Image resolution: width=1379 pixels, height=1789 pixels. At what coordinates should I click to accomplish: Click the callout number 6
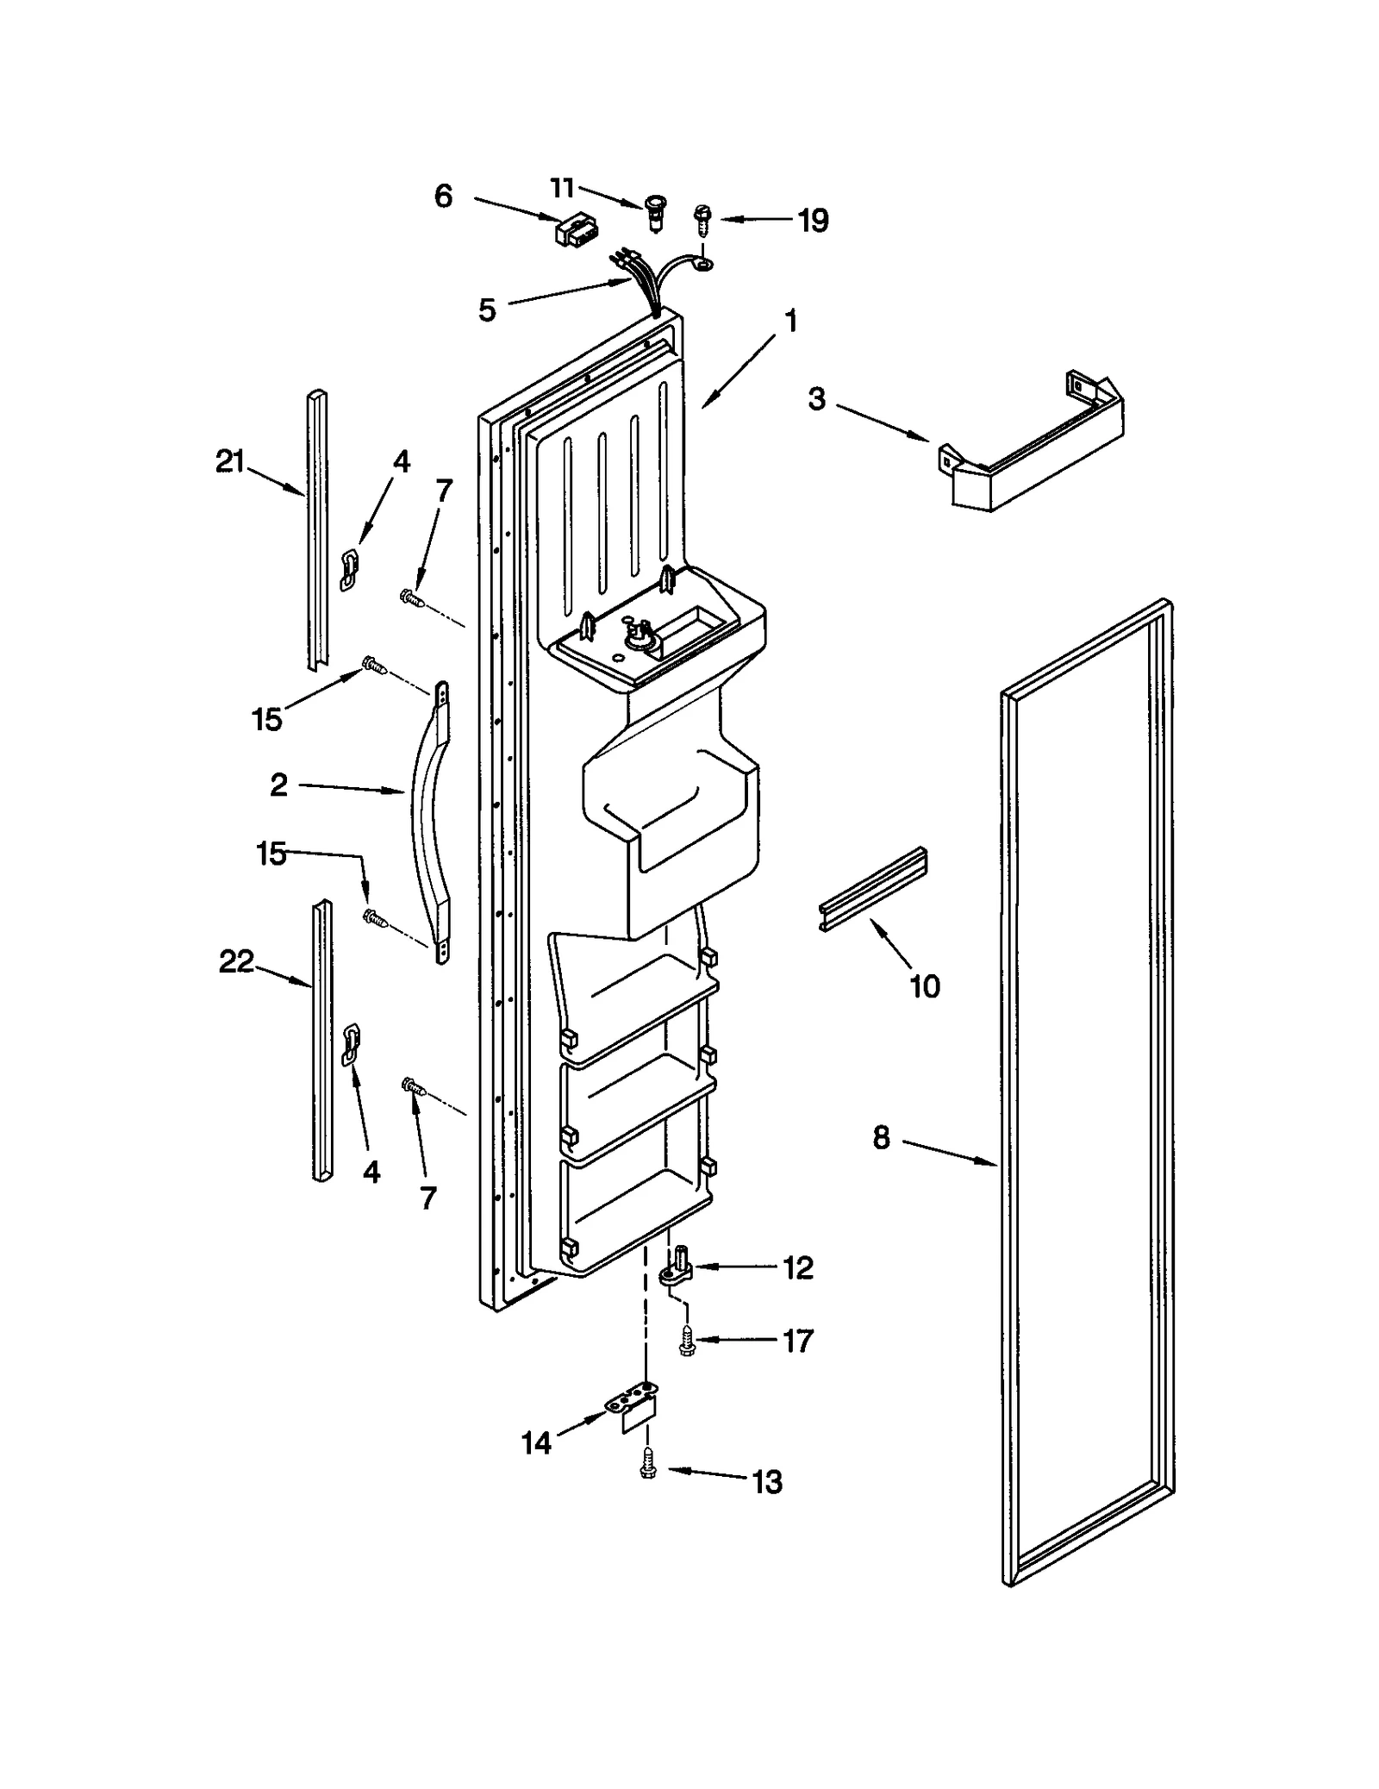pos(443,197)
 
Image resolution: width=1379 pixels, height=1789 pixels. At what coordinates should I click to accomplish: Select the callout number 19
pos(812,221)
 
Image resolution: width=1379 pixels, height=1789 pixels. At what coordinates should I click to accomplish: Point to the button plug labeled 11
pos(657,210)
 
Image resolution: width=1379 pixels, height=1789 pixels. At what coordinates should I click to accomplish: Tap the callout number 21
pos(230,462)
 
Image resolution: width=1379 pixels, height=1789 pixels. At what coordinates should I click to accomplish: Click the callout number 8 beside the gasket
pos(881,1138)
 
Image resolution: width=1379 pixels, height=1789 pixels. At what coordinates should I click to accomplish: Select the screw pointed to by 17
pos(686,1342)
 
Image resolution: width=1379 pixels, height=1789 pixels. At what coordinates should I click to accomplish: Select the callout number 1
pos(790,322)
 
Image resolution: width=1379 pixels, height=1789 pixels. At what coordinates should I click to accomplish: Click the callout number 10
pos(925,985)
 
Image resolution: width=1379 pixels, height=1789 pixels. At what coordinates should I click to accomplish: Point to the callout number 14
pos(536,1443)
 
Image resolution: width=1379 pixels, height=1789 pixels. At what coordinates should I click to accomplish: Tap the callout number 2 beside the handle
pos(278,785)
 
